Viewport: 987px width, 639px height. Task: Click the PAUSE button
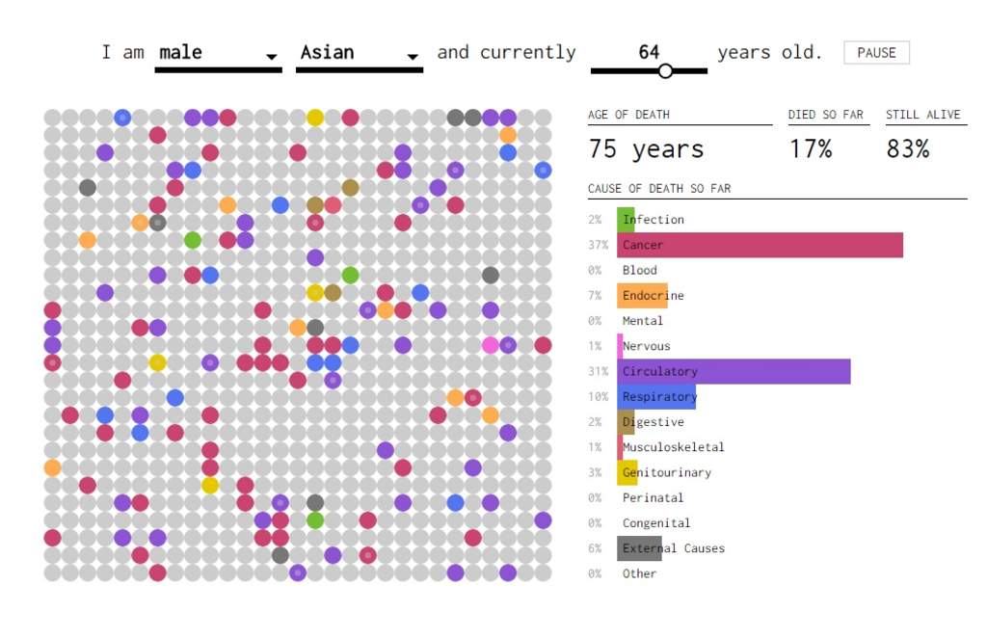[876, 53]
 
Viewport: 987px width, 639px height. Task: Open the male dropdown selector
[218, 54]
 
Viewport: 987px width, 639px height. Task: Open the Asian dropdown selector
[359, 54]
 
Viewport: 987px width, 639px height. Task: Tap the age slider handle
[665, 70]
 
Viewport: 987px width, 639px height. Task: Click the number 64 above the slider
[649, 52]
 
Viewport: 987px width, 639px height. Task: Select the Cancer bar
[760, 245]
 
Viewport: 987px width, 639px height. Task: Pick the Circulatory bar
[734, 371]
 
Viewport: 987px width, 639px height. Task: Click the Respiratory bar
[656, 396]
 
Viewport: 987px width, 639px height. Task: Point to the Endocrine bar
[642, 295]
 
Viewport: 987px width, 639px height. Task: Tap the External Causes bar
[639, 548]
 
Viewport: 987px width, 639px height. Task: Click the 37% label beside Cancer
[598, 245]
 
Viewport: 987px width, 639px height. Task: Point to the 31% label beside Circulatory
[598, 371]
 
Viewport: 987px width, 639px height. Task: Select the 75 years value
[646, 149]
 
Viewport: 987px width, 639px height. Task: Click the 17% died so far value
[810, 149]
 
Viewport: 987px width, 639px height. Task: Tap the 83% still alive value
[907, 149]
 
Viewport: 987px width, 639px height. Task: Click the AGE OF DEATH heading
[628, 115]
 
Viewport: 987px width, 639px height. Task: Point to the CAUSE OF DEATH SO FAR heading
[659, 188]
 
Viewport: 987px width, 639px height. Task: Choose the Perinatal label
[653, 497]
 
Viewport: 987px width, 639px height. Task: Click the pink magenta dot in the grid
[491, 345]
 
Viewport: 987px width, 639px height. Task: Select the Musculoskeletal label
[673, 447]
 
